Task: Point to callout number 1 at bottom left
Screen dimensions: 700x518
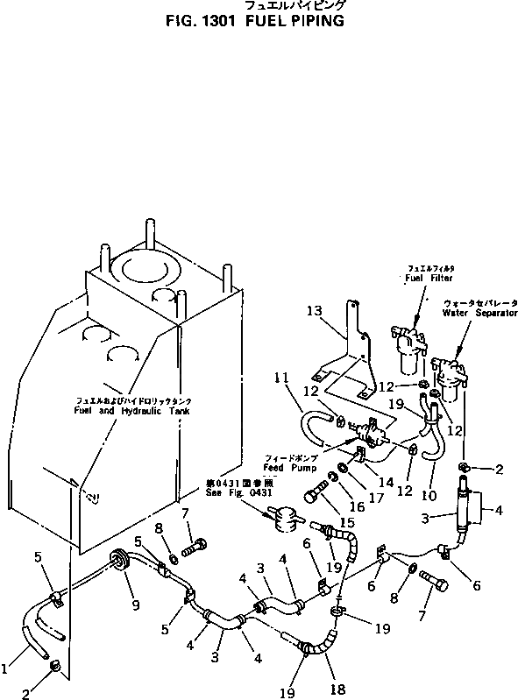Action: tap(6, 668)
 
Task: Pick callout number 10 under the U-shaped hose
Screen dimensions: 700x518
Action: tap(429, 482)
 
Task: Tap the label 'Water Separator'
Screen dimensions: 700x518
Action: tap(479, 313)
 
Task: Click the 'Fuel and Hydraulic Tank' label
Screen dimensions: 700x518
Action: tap(131, 411)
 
